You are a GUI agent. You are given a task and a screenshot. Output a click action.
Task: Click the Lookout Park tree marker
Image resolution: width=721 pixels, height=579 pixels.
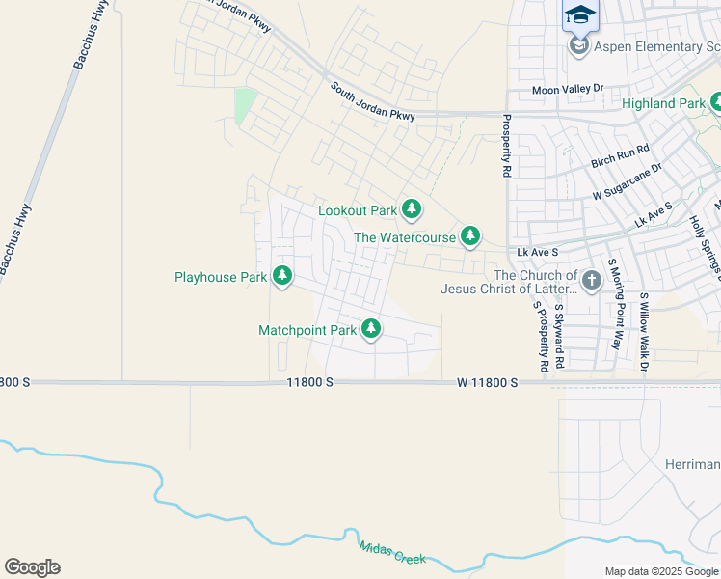click(412, 208)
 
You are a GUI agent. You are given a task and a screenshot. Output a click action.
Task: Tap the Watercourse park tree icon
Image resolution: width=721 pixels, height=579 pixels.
click(470, 235)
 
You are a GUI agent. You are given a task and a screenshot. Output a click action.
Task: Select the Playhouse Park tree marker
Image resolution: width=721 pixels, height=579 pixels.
click(282, 276)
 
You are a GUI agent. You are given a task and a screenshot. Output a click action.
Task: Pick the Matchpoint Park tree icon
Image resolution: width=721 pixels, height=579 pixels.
click(371, 329)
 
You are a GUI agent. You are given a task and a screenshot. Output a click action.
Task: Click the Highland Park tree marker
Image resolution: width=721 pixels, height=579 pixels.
click(716, 102)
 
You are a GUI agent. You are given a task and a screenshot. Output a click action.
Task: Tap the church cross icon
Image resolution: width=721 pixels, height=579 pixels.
click(591, 280)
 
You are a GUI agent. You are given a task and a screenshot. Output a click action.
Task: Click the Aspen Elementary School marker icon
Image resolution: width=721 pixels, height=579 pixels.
click(578, 46)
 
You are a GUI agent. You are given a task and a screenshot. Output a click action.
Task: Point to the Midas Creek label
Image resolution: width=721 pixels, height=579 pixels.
click(392, 553)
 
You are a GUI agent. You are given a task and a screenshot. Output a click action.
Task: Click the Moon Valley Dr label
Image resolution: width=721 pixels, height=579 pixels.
click(568, 89)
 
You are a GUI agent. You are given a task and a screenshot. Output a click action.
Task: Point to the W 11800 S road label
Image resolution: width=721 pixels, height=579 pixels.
click(488, 383)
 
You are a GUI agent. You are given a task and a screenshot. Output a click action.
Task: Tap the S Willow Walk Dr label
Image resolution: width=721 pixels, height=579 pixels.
click(645, 332)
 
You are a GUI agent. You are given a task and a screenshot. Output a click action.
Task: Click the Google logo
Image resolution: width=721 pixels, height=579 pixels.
click(32, 567)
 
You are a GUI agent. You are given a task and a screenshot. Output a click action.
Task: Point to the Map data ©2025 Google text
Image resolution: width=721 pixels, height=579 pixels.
click(660, 571)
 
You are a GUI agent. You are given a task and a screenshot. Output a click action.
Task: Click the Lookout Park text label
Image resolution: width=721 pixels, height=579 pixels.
click(358, 210)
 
